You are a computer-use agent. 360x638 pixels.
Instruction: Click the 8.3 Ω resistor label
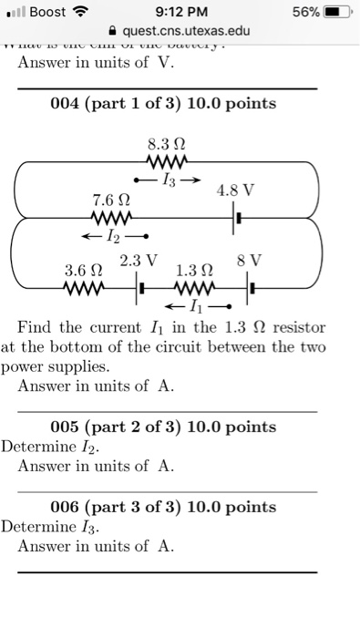pyautogui.click(x=164, y=142)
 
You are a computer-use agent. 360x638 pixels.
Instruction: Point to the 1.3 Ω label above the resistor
pyautogui.click(x=193, y=271)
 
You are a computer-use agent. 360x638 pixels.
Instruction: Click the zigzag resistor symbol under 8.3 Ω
pyautogui.click(x=164, y=160)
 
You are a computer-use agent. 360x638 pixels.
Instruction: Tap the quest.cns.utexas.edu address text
pyautogui.click(x=180, y=32)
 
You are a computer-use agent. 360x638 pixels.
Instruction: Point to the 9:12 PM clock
pyautogui.click(x=181, y=13)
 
